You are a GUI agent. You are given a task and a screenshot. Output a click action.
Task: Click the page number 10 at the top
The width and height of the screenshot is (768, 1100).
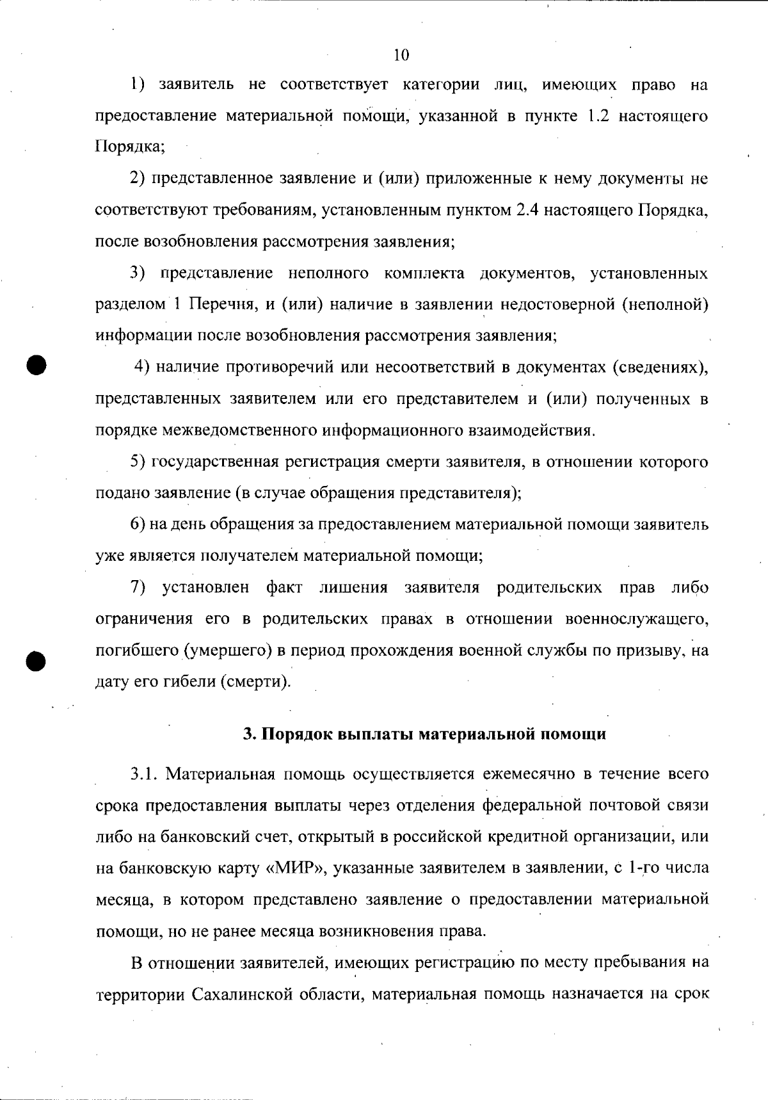click(x=401, y=55)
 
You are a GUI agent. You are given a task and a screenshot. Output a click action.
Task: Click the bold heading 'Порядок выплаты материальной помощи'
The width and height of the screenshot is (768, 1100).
click(x=424, y=734)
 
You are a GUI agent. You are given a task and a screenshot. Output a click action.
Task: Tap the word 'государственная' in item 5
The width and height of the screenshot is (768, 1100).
click(x=214, y=462)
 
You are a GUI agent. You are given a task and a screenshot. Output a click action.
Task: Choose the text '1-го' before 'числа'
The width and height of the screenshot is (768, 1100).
click(x=642, y=868)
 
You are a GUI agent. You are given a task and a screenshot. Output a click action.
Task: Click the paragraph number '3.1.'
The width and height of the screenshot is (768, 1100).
click(x=144, y=773)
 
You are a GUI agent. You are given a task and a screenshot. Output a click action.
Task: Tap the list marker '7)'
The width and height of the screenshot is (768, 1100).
click(x=139, y=588)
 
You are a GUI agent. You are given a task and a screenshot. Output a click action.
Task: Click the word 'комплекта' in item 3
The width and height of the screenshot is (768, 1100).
click(x=424, y=274)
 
